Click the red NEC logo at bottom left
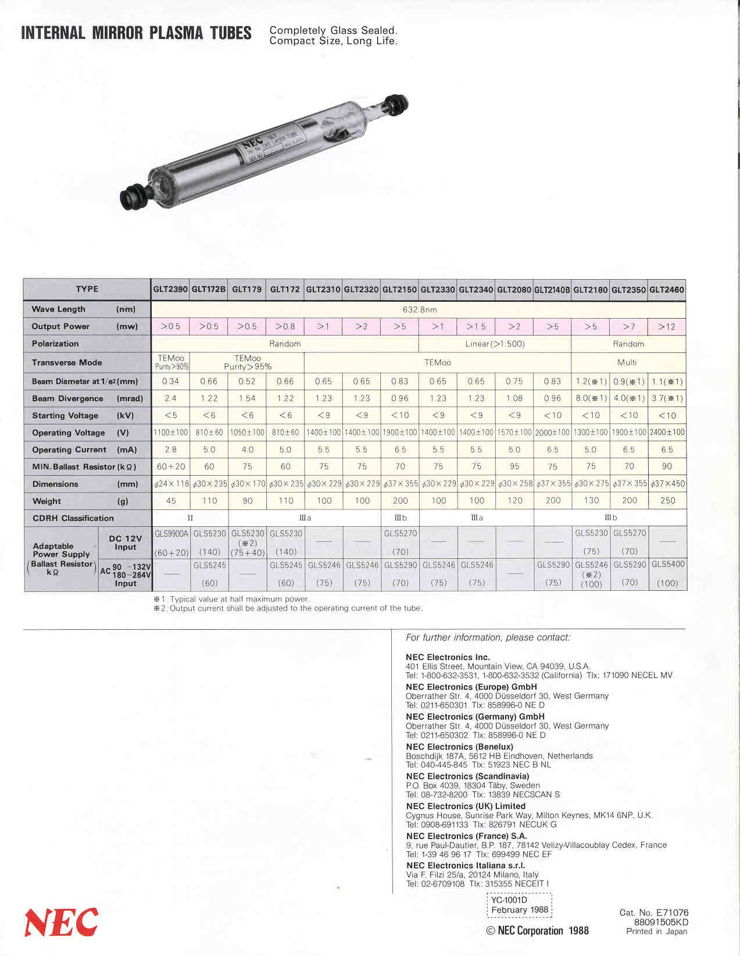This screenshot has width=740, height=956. click(x=61, y=922)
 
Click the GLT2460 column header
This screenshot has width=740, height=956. click(x=667, y=289)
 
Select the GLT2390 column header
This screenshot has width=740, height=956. click(x=170, y=289)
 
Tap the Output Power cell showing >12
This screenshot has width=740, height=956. click(x=667, y=327)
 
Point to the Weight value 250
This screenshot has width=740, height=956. click(x=667, y=501)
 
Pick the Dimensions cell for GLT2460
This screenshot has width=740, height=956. click(x=667, y=484)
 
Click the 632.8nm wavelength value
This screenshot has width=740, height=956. click(x=419, y=309)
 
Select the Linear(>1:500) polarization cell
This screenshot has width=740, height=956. click(x=495, y=344)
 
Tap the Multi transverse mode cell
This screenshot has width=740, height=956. click(x=627, y=362)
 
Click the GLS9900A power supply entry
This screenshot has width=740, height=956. click(x=171, y=533)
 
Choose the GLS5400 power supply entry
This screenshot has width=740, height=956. click(x=668, y=565)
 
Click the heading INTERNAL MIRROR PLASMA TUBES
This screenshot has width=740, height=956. click(x=136, y=33)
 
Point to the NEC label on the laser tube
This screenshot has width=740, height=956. click(x=249, y=142)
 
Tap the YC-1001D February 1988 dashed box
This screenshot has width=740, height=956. click(x=519, y=905)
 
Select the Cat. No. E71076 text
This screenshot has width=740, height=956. click(x=653, y=912)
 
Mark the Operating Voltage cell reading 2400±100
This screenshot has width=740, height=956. click(x=667, y=433)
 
